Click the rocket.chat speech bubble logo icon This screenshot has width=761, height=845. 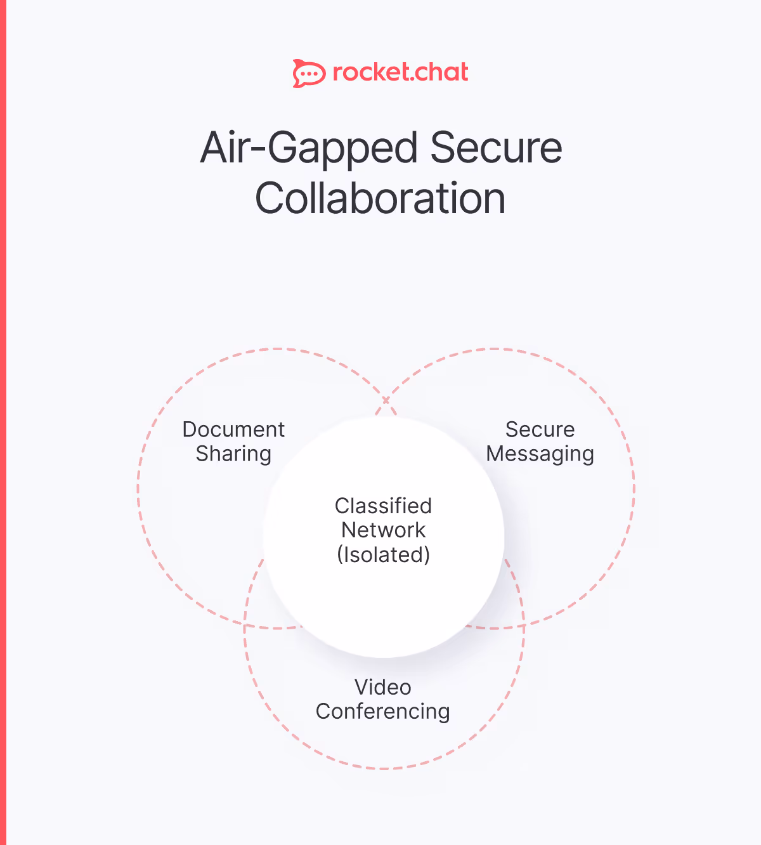tap(309, 74)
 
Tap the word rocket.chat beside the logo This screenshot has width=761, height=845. tap(400, 72)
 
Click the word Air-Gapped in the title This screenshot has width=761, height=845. tap(309, 148)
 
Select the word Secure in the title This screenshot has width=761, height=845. tap(496, 147)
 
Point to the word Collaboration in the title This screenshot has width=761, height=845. tap(380, 199)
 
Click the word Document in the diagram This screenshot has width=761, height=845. tap(233, 429)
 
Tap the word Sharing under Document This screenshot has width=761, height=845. tap(233, 454)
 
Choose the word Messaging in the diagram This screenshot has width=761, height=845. tap(540, 454)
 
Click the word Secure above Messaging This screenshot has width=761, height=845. tap(540, 429)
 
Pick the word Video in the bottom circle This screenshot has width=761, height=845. tap(383, 687)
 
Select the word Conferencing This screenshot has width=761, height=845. tap(383, 712)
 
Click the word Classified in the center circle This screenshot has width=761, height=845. tap(383, 506)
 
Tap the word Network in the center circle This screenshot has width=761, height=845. tap(383, 530)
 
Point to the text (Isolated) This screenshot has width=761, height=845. tap(383, 554)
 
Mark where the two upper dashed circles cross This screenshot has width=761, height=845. tap(386, 400)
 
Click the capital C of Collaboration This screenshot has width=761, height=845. tap(270, 199)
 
